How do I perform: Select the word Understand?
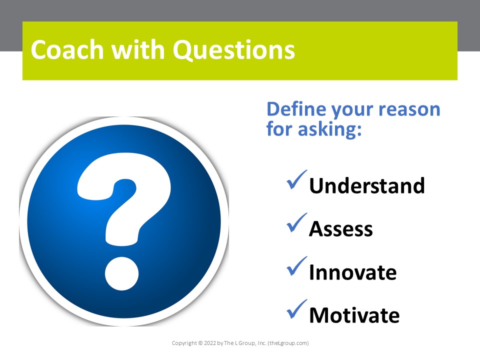click(366, 186)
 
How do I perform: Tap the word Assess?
click(340, 229)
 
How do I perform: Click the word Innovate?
click(352, 272)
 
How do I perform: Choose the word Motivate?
click(354, 315)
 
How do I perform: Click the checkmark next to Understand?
click(297, 181)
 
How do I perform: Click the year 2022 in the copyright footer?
click(209, 343)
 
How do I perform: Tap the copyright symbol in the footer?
click(200, 343)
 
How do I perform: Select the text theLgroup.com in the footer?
click(288, 343)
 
